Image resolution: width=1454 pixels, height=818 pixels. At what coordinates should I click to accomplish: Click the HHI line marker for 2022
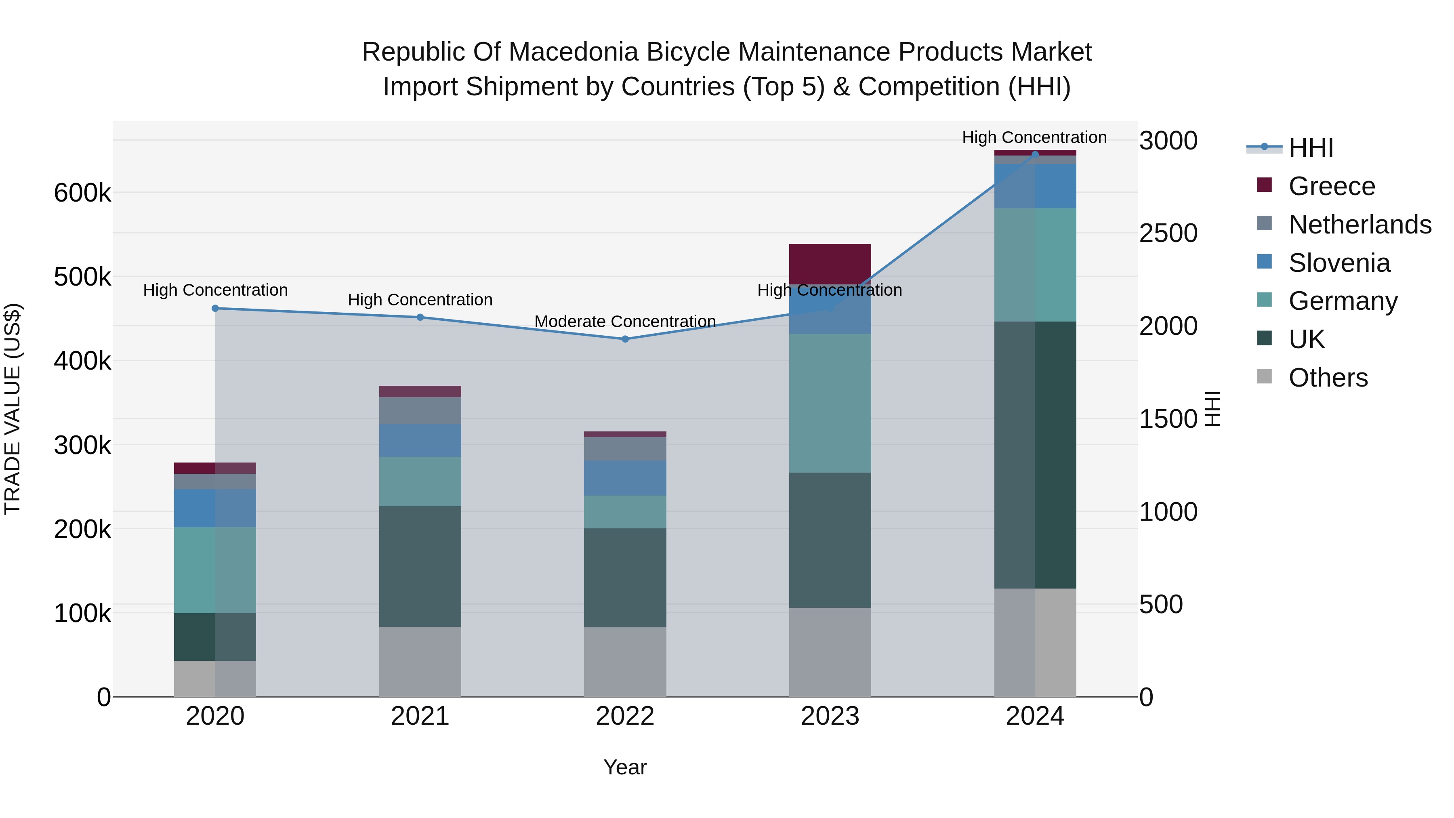(625, 339)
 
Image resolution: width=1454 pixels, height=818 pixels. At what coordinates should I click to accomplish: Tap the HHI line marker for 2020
(215, 308)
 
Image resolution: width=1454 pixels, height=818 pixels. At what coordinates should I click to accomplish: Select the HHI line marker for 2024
(1035, 154)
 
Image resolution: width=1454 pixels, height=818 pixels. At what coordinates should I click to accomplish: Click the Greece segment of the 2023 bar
(830, 264)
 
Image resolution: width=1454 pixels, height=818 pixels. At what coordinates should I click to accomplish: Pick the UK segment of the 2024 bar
(1035, 454)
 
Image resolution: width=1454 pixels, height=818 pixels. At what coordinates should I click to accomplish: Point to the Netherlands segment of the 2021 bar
(420, 410)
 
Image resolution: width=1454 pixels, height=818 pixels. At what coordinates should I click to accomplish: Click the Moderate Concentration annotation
(625, 321)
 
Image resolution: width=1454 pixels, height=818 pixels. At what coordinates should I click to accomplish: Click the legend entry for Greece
(1332, 186)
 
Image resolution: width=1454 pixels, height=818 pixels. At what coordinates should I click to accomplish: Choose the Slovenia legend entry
(1339, 263)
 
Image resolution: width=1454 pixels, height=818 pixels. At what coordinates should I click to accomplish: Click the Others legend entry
(1328, 378)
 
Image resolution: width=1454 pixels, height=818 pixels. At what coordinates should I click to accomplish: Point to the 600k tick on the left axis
(82, 193)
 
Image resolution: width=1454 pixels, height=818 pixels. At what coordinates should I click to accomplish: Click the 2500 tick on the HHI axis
(1168, 233)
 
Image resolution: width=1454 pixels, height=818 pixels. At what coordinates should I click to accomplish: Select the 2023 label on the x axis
(830, 716)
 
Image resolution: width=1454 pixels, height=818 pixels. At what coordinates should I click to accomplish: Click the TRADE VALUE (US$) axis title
(13, 409)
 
